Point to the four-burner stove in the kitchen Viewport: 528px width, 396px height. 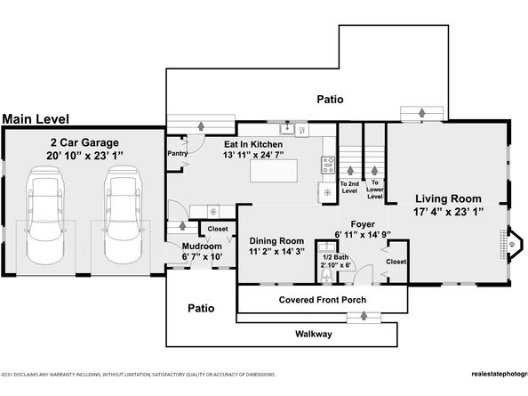click(x=325, y=163)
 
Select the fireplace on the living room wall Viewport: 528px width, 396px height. click(x=510, y=242)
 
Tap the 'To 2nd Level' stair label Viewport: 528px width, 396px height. click(x=348, y=188)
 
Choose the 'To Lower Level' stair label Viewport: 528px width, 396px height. click(x=376, y=188)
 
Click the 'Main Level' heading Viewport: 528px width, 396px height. click(x=39, y=118)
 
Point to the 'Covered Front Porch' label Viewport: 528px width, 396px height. click(x=316, y=300)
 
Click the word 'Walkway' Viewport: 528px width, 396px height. click(x=314, y=334)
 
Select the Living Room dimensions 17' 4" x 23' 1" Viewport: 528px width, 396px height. click(x=448, y=213)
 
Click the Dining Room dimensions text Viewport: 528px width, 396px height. click(x=276, y=253)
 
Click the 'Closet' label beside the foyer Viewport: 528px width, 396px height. click(x=396, y=262)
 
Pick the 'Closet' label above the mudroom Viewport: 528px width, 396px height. click(x=218, y=229)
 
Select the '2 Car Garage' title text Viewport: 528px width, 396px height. click(x=84, y=142)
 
